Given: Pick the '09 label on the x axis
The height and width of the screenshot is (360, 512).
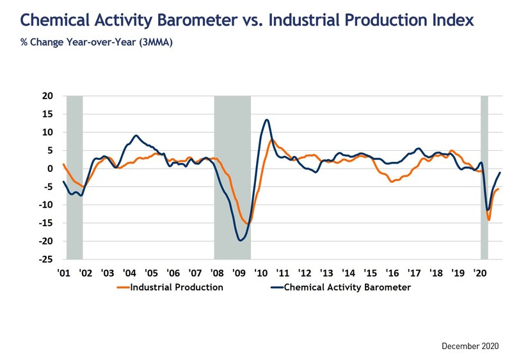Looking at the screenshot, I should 239,272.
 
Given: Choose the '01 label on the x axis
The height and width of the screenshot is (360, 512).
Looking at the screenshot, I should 63,272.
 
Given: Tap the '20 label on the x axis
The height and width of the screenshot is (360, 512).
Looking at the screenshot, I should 479,272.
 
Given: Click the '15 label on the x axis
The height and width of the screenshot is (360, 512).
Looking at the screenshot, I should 370,272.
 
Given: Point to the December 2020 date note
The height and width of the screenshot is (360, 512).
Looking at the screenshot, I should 468,345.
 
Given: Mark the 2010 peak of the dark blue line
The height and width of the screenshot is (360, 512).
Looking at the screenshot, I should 266,120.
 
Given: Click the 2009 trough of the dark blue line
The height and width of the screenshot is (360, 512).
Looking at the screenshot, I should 240,240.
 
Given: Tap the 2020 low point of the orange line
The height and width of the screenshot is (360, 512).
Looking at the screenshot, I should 489,220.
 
